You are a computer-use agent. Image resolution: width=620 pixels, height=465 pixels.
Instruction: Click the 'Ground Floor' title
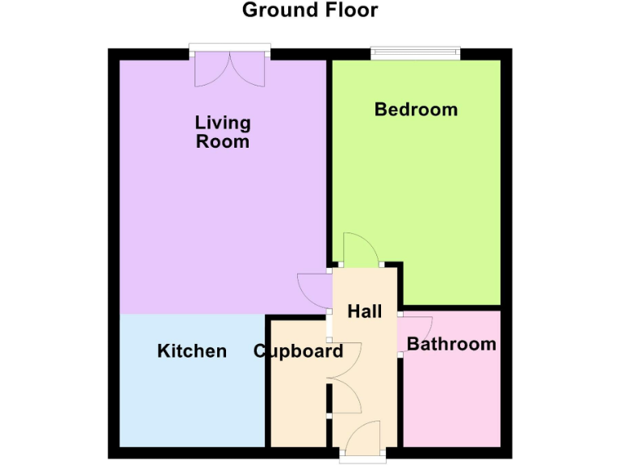[x=310, y=10]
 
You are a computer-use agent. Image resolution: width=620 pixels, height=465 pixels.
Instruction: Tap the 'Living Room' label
[x=222, y=132]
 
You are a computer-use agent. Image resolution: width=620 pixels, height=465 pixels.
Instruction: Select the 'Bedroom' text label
[x=416, y=109]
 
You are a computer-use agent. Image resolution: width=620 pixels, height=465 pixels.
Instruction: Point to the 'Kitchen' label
[x=191, y=351]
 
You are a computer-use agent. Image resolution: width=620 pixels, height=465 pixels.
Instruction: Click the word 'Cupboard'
[x=298, y=351]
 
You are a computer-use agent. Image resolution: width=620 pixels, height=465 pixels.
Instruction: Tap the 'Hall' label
[x=364, y=311]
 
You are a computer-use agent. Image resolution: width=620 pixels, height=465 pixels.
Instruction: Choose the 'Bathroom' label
[x=451, y=344]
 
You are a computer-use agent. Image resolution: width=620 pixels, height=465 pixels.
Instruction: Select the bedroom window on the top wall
[x=416, y=54]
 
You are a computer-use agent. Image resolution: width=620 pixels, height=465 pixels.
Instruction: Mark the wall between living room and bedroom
[x=329, y=161]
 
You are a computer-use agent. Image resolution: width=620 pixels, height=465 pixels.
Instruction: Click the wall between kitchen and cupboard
[x=267, y=379]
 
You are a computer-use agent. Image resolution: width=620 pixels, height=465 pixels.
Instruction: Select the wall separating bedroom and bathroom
[x=452, y=308]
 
